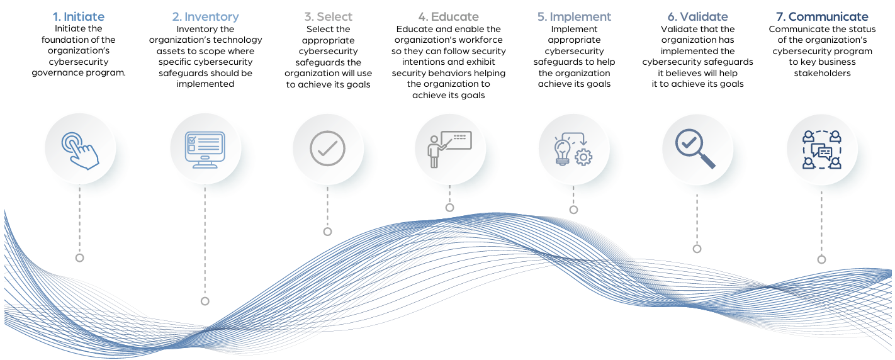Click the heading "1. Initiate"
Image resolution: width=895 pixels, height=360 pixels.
[x=78, y=16]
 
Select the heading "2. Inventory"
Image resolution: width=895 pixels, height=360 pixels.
[x=205, y=16]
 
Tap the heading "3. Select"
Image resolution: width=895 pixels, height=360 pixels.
[x=328, y=16]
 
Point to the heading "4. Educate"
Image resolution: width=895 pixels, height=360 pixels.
[x=448, y=16]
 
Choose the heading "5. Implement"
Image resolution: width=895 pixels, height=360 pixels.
[x=574, y=16]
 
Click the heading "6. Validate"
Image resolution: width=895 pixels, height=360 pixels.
[x=697, y=16]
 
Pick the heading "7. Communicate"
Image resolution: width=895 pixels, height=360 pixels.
[x=822, y=16]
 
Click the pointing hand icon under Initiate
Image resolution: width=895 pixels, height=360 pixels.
[x=81, y=150]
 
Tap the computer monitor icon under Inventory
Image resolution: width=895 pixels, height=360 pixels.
[x=205, y=150]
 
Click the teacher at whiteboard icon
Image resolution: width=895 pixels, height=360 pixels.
[x=449, y=149]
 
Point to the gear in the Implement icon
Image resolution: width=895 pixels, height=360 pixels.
[x=583, y=157]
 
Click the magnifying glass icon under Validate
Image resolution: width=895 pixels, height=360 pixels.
[x=695, y=149]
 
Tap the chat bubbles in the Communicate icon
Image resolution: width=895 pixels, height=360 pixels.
[x=822, y=152]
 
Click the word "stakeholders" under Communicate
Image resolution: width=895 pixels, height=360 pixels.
[x=822, y=73]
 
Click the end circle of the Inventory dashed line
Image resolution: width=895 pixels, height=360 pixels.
[x=205, y=301]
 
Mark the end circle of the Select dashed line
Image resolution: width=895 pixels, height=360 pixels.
[x=328, y=232]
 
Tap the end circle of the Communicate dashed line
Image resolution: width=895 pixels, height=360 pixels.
[x=821, y=260]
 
